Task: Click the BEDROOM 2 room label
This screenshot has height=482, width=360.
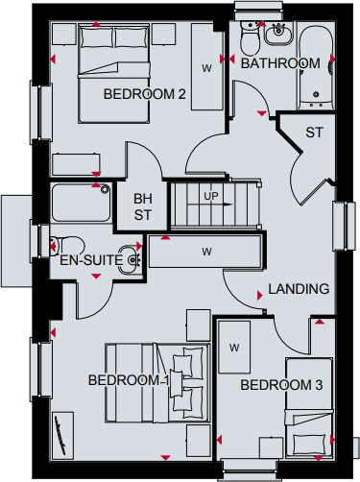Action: (x=144, y=94)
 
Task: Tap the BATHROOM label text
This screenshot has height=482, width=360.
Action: (x=280, y=63)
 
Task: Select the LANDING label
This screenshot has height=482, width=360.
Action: (x=299, y=289)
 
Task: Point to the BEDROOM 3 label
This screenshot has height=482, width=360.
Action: (x=281, y=385)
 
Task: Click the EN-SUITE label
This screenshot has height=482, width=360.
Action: (x=91, y=260)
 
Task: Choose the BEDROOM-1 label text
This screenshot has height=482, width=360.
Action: (x=129, y=380)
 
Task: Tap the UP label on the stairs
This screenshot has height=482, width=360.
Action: (x=211, y=196)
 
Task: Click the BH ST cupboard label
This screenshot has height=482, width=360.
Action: (x=143, y=206)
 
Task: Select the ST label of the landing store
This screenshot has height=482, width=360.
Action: (x=314, y=133)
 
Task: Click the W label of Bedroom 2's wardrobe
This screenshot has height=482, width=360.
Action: (x=206, y=68)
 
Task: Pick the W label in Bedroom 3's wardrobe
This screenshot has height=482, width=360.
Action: (x=234, y=348)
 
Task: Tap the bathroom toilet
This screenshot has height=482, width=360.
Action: (x=251, y=39)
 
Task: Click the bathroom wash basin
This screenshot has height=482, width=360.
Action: (x=278, y=34)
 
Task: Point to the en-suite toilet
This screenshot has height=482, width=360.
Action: (x=67, y=247)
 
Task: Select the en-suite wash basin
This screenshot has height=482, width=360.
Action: (x=130, y=259)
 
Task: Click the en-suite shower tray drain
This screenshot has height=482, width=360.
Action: (x=105, y=189)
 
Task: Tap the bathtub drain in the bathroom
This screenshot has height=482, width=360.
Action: (x=316, y=94)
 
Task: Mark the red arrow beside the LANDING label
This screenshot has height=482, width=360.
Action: (x=260, y=296)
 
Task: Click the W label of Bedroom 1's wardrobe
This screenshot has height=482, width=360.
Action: (x=206, y=252)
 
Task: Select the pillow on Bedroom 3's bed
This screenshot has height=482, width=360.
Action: (x=310, y=445)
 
